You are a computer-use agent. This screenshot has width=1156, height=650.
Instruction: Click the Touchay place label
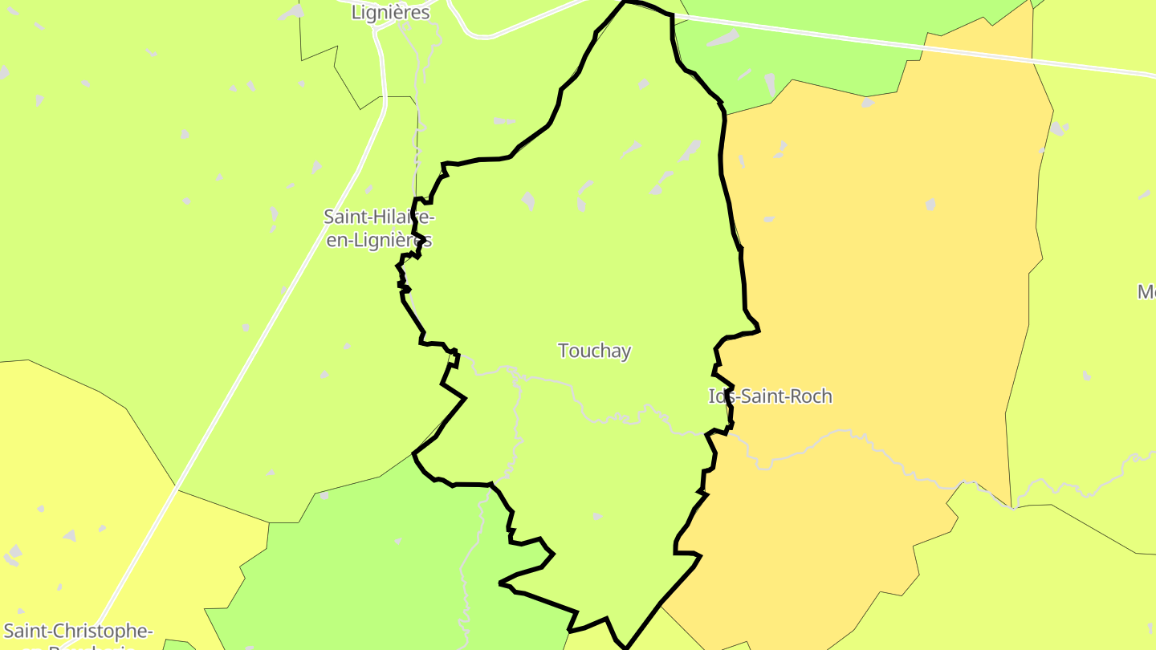(x=594, y=351)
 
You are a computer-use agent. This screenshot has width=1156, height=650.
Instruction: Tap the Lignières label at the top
(x=391, y=13)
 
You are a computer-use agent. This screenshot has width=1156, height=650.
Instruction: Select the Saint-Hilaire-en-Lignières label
(x=379, y=228)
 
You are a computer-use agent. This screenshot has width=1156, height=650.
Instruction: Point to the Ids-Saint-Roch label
(x=771, y=396)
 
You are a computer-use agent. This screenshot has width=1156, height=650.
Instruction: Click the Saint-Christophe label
(x=78, y=631)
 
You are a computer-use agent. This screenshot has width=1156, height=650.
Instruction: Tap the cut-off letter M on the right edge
(x=1146, y=292)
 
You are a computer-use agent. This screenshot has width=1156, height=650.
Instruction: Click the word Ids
(x=721, y=396)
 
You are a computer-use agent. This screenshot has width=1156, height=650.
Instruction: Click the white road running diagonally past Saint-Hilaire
(x=265, y=321)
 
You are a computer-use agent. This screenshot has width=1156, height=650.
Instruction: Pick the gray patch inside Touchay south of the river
(x=597, y=516)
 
